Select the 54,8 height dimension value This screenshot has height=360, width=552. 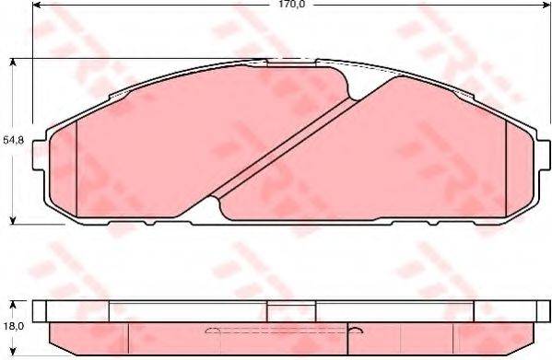(x=12, y=141)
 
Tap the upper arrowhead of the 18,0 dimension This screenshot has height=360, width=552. (x=12, y=304)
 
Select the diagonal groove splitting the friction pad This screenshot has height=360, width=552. (x=286, y=138)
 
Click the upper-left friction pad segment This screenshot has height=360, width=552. (x=184, y=129)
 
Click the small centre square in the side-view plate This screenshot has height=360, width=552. (x=278, y=311)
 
